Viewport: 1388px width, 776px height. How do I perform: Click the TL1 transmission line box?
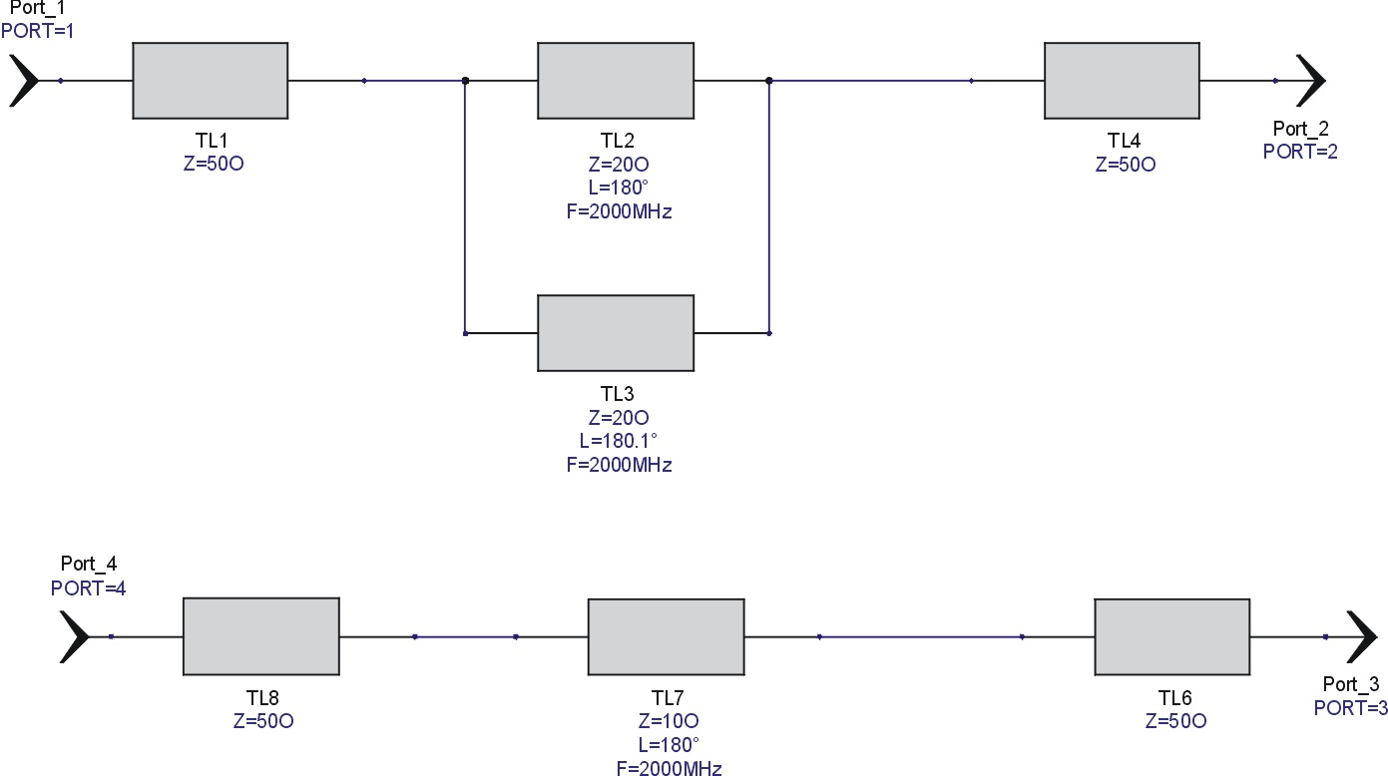(211, 81)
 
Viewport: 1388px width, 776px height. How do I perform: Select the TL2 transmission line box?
(616, 81)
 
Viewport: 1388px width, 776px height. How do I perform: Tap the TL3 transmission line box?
(616, 333)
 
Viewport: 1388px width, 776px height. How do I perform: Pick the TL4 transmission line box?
(1123, 81)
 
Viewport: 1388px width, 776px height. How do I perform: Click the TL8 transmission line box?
(261, 636)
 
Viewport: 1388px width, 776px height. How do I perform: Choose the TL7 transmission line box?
(667, 636)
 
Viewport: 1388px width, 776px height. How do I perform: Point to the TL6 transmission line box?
(1172, 636)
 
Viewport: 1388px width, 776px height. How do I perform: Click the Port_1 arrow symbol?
(24, 81)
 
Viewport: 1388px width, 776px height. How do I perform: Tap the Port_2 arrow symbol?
(1310, 81)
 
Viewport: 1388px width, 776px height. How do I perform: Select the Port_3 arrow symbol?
(1362, 636)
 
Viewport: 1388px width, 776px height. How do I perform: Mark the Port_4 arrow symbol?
(75, 636)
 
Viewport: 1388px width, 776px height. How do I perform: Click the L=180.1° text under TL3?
(618, 441)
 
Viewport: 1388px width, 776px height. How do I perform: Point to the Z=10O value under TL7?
(669, 721)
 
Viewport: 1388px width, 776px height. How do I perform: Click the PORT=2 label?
(1300, 152)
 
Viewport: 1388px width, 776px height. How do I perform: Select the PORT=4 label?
(88, 588)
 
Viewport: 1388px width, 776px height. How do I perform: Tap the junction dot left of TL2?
(465, 81)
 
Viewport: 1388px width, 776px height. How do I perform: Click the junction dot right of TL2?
(769, 81)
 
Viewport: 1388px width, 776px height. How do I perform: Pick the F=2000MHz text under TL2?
(619, 211)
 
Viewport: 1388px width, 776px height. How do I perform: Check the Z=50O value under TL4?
(1126, 165)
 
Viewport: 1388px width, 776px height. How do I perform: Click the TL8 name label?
(262, 698)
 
